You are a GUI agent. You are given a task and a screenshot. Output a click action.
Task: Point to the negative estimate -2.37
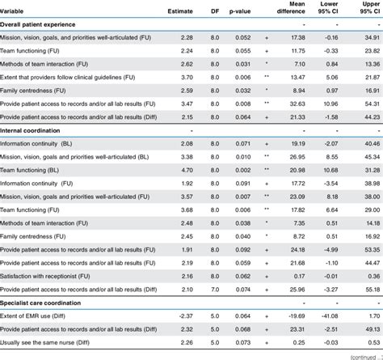coord(184,316)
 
